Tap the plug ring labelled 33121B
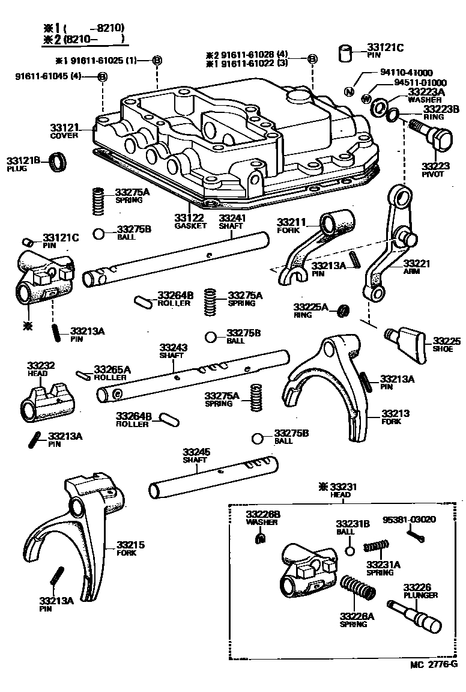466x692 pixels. [x=59, y=162]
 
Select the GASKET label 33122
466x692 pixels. [x=190, y=217]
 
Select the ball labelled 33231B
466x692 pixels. [x=351, y=551]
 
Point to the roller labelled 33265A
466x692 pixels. [x=85, y=376]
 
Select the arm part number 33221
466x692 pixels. [x=417, y=263]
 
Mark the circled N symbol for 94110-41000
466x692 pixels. [x=348, y=91]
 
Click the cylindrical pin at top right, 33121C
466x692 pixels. [x=345, y=53]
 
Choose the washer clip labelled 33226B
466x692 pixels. [x=259, y=539]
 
